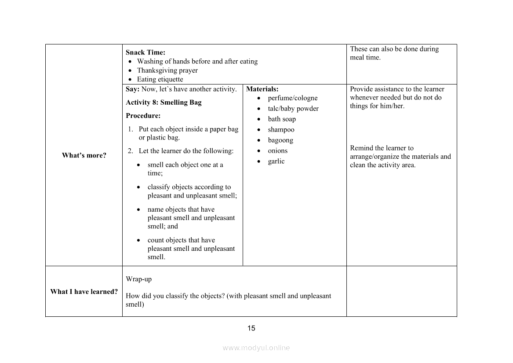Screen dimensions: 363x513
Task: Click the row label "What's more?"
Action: point(84,155)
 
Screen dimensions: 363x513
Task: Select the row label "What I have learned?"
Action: point(84,292)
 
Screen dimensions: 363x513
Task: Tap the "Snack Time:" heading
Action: point(146,52)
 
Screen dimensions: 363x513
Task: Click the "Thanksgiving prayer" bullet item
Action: point(167,70)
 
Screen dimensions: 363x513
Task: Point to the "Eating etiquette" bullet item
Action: point(160,79)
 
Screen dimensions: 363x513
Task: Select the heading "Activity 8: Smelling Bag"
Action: point(164,103)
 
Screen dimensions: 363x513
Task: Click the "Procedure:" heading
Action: point(143,116)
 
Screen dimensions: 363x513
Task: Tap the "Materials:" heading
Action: point(262,89)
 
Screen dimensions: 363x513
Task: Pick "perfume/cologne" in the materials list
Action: point(292,98)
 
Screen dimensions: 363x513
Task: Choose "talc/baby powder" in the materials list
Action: point(293,109)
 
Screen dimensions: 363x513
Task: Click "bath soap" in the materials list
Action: point(282,119)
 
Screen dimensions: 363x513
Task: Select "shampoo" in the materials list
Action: point(281,130)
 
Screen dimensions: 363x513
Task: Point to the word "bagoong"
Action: point(280,140)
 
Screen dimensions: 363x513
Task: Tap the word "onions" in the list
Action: point(277,151)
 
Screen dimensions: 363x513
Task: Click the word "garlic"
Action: point(276,161)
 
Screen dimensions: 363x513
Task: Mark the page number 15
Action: point(251,328)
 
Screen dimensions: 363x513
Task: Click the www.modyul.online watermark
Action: point(256,348)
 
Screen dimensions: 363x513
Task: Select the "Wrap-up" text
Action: point(138,279)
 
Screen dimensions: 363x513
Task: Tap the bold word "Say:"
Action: point(133,89)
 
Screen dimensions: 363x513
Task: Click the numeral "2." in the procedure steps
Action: point(131,151)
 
